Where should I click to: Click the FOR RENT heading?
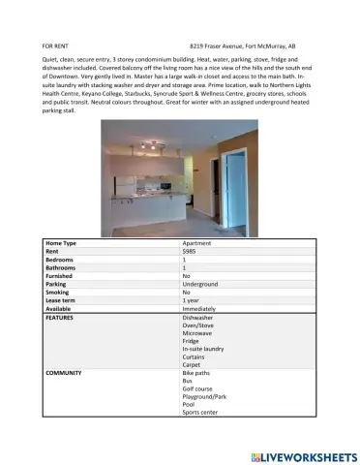click(x=55, y=46)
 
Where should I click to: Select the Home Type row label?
click(x=61, y=242)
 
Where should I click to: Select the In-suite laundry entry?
click(x=203, y=349)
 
